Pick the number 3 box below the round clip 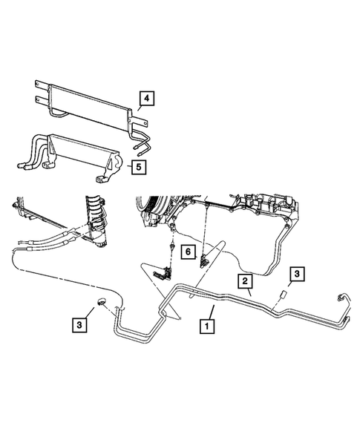[77, 324]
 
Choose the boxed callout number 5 [138, 166]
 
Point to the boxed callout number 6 [188, 253]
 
